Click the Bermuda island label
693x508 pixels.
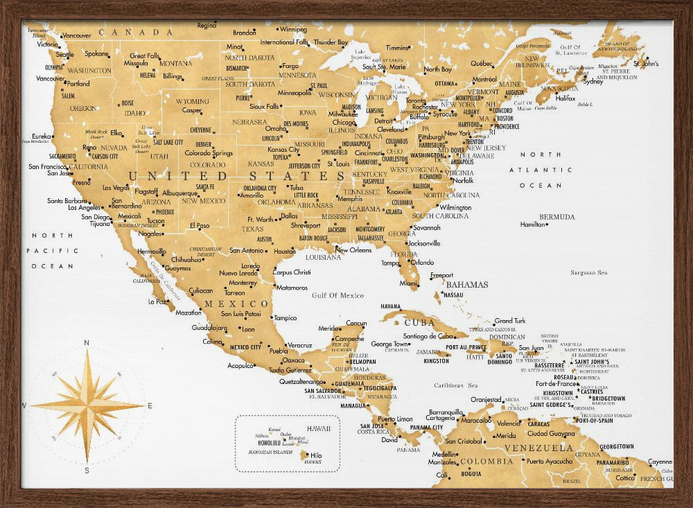coord(557,216)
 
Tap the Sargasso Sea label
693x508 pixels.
coord(588,272)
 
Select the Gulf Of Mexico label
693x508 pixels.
coord(337,295)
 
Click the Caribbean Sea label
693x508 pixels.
coord(456,385)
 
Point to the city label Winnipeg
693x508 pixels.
coord(293,30)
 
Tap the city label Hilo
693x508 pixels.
coord(316,455)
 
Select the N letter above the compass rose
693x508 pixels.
coord(87,342)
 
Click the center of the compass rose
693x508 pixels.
coord(87,405)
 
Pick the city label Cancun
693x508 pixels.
coord(356,323)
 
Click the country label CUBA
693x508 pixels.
coord(419,322)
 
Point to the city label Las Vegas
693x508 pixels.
coord(116,187)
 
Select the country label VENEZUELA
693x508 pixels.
coord(538,448)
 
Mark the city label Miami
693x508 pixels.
coord(408,283)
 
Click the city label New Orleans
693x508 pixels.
coord(353,249)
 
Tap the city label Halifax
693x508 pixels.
coord(566,98)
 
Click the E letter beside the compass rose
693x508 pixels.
coord(149,405)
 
